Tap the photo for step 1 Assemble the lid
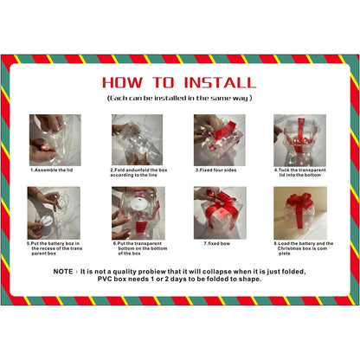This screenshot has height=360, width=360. (55, 139)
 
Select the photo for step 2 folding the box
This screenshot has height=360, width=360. (138, 139)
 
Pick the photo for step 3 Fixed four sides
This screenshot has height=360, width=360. (220, 139)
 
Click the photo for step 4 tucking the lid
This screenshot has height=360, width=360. (300, 139)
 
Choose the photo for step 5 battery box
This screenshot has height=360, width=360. (55, 213)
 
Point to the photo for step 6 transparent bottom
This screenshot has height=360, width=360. (138, 213)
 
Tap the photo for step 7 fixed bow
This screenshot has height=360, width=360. (220, 213)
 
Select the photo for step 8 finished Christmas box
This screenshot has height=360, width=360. (300, 213)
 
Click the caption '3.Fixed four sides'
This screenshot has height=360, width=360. (219, 170)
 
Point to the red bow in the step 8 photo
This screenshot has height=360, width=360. (300, 204)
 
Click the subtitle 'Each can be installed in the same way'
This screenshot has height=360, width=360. (179, 100)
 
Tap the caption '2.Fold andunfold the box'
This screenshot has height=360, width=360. (138, 170)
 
